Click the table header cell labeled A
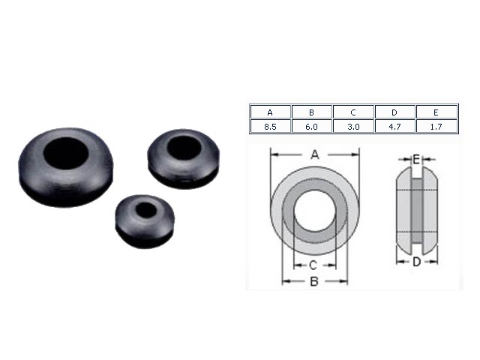tap(270, 112)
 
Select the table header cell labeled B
tap(312, 112)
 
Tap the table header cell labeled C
tap(353, 112)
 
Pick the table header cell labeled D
tap(395, 112)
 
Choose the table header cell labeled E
tap(436, 112)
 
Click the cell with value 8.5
tap(270, 126)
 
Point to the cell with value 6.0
tap(312, 126)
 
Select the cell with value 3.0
tap(353, 126)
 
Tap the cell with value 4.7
tap(395, 126)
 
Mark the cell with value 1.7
tap(436, 126)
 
